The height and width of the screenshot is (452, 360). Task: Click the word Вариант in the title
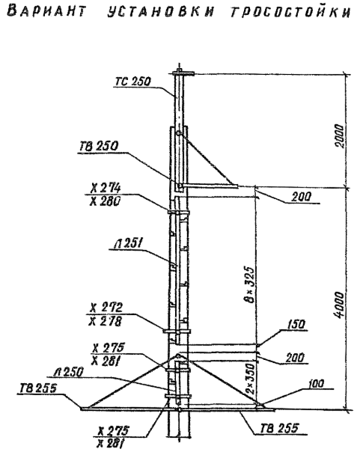[x=46, y=12]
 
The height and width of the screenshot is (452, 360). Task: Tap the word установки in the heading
[x=161, y=12]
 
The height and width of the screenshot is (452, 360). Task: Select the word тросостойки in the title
[x=290, y=12]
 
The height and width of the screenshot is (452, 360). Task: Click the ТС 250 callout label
[x=133, y=82]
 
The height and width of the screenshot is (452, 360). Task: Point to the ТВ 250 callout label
[x=99, y=146]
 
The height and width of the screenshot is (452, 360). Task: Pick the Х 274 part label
[x=106, y=189]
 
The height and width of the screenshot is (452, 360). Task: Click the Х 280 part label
[x=105, y=201]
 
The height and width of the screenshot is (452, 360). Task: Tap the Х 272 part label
[x=106, y=308]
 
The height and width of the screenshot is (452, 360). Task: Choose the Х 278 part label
[x=106, y=321]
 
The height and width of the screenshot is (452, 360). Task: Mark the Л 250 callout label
[x=69, y=372]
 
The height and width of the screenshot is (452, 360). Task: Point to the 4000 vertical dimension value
[x=340, y=305]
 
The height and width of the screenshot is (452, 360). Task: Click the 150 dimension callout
[x=296, y=324]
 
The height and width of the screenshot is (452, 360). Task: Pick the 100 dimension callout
[x=316, y=384]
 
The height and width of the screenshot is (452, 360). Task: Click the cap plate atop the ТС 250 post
[x=183, y=74]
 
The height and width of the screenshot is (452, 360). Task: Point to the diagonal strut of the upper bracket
[x=207, y=158]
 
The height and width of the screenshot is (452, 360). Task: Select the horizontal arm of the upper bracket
[x=210, y=186]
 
